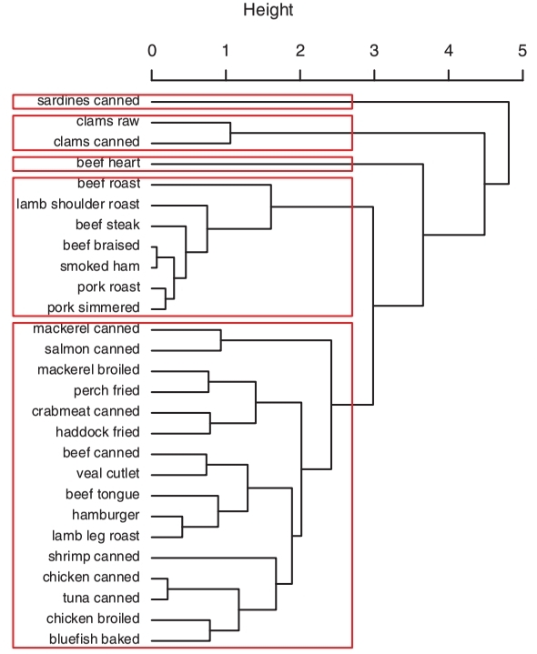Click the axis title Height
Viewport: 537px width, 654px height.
coord(268,10)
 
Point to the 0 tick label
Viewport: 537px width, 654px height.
coord(152,51)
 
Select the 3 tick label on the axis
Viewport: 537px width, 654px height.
coord(374,51)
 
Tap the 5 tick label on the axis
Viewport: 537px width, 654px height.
coord(522,51)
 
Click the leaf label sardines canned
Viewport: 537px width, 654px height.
coord(88,101)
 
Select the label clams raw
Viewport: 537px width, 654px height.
coord(107,121)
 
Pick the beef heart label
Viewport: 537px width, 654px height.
coord(108,163)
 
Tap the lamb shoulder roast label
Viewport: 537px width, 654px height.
coord(78,204)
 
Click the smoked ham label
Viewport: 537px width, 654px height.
coord(100,267)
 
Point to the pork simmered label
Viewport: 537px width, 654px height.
coord(94,307)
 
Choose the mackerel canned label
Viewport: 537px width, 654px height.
coord(86,328)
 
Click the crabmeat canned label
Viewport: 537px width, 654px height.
coord(86,411)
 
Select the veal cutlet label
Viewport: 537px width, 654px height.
coord(108,473)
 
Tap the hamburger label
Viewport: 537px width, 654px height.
coord(106,515)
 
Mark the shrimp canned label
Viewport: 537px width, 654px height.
coord(94,557)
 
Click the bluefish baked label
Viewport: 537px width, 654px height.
coord(95,639)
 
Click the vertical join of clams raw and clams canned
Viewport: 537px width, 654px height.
coord(230,133)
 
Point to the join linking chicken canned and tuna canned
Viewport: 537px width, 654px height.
coord(167,589)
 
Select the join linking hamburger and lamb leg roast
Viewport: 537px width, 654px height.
coord(182,527)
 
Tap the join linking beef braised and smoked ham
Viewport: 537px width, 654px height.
coord(157,257)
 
